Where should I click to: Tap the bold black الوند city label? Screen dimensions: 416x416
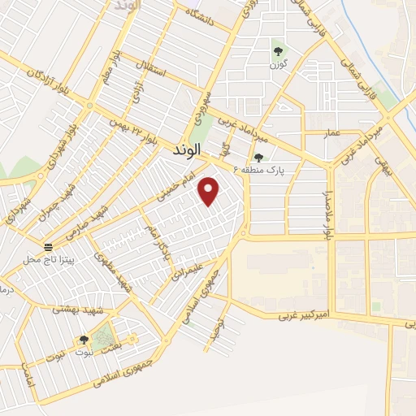190,151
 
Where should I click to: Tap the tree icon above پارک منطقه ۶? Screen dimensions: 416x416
258,158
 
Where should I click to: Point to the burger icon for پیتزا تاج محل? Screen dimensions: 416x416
48,246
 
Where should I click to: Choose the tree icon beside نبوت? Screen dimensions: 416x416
84,340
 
